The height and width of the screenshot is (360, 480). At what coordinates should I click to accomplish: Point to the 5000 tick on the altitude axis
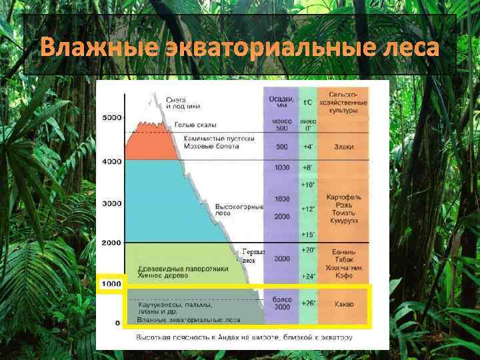111,117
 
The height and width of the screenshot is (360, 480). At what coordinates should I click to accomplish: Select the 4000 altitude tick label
111,161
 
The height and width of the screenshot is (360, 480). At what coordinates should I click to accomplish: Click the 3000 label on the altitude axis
111,203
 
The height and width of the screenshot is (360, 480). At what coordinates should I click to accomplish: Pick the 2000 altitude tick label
111,243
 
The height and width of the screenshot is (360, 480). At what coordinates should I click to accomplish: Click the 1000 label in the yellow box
111,284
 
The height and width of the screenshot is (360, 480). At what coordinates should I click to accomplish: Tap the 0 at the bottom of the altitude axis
118,323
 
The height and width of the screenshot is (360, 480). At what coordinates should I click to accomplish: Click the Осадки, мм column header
281,103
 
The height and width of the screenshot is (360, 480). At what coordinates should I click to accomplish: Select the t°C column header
307,103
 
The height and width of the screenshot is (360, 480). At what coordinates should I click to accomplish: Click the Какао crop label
343,304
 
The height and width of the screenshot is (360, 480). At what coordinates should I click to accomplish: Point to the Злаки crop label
343,147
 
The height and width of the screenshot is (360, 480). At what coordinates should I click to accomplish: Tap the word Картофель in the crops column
343,199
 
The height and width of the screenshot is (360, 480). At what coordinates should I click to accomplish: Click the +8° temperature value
307,167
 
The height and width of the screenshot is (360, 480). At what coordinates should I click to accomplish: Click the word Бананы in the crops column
343,252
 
